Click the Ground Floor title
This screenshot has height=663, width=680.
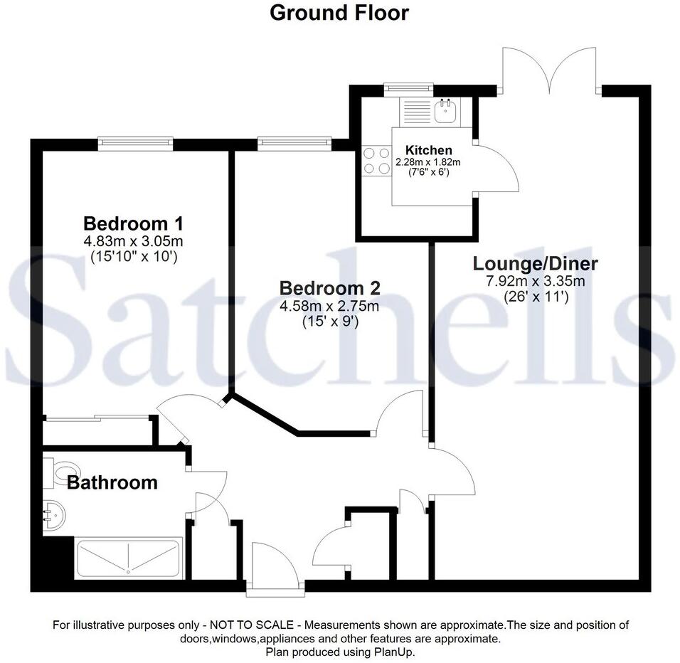point(339,13)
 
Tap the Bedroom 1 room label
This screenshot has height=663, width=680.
point(129,222)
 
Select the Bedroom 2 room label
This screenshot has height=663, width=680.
point(329,288)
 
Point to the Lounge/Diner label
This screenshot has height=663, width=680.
point(535,264)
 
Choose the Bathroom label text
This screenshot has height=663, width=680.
point(112,482)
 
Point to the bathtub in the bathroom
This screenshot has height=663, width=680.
point(128,558)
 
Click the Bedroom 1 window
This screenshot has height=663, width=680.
point(136,144)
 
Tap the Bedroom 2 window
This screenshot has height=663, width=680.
point(294,144)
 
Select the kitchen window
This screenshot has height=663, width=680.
point(408,89)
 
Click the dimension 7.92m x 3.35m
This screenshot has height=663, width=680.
point(535,281)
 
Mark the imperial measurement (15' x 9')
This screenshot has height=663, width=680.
point(329,321)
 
